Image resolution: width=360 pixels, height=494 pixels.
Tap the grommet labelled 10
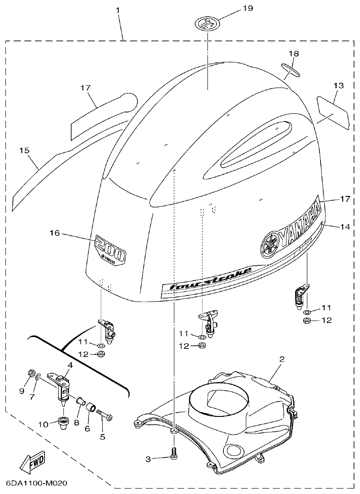tap(62, 423)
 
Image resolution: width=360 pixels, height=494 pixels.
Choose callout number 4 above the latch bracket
tap(70, 364)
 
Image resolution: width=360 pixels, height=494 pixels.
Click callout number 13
tap(339, 85)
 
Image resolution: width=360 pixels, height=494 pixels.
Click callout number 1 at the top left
tap(118, 9)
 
